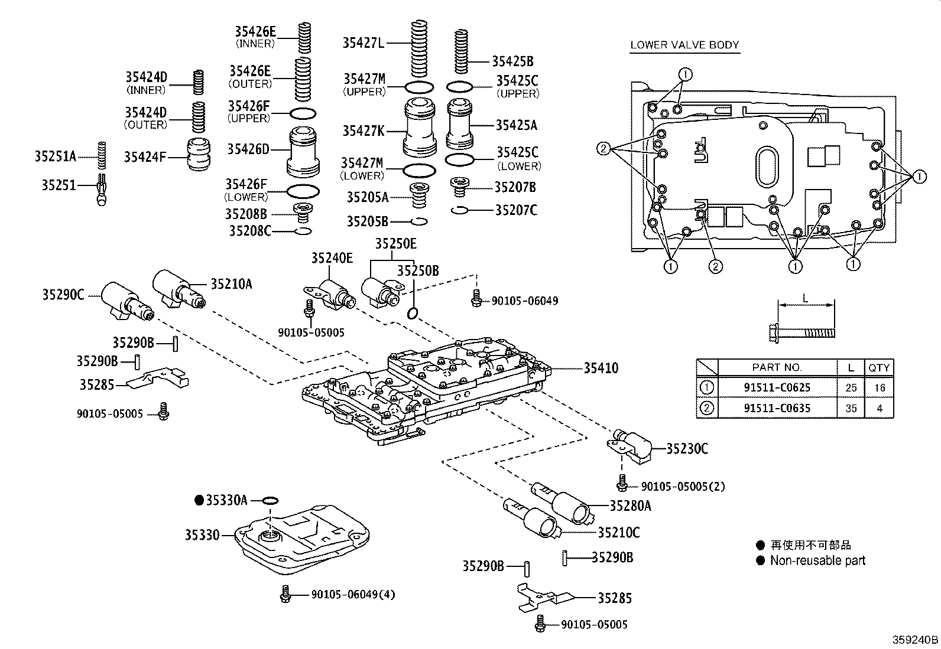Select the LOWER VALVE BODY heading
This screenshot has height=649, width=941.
point(684,44)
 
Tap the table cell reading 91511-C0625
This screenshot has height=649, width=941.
point(777,388)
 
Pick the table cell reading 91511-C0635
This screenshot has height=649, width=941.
point(777,408)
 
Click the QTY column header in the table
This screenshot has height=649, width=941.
point(878,367)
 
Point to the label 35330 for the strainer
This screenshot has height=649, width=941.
point(202,535)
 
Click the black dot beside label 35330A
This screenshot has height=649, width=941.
point(199,500)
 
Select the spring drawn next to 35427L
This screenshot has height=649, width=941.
point(419,48)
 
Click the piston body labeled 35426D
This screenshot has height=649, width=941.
point(304,152)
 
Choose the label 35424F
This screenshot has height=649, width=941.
point(145,156)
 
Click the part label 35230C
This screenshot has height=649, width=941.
point(687,449)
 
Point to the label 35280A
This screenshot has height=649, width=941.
point(630,505)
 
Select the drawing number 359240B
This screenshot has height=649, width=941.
point(915,640)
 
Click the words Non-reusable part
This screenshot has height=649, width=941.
point(817,560)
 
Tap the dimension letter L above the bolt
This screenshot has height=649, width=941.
point(805,298)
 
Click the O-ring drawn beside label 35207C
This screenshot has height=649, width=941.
point(459,210)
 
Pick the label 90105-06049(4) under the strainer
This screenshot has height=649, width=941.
point(353,594)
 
